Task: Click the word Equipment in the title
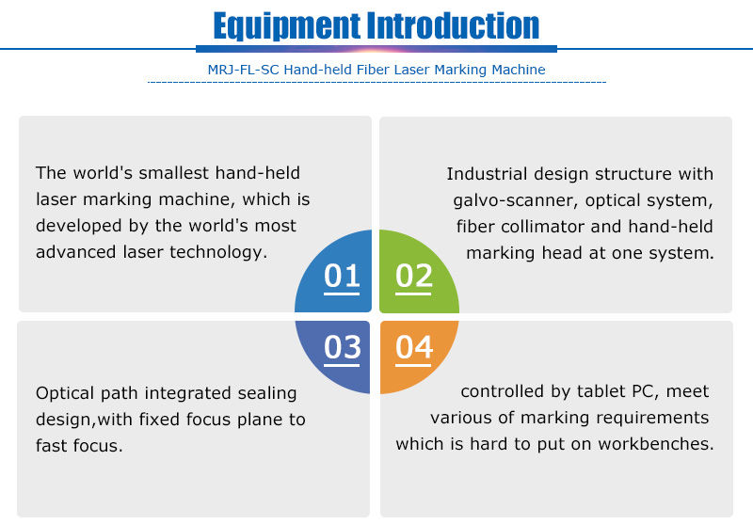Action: pyautogui.click(x=286, y=26)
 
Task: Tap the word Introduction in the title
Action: pyautogui.click(x=453, y=25)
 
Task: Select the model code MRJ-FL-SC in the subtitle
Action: pyautogui.click(x=243, y=70)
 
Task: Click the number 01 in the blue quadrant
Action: pyautogui.click(x=342, y=276)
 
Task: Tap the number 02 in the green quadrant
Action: pyautogui.click(x=413, y=276)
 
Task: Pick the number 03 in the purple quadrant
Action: pyautogui.click(x=342, y=347)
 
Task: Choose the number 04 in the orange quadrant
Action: pyautogui.click(x=414, y=347)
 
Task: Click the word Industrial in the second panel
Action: pyautogui.click(x=487, y=174)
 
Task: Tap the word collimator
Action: pyautogui.click(x=542, y=227)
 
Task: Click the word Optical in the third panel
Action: pyautogui.click(x=65, y=393)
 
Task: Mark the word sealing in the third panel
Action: pyautogui.click(x=267, y=393)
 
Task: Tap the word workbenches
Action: pyautogui.click(x=656, y=444)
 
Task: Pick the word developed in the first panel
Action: pyautogui.click(x=78, y=226)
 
